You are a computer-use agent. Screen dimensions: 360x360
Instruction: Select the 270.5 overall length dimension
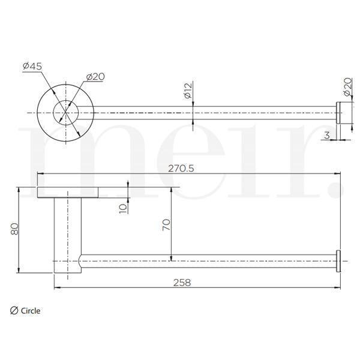(182, 169)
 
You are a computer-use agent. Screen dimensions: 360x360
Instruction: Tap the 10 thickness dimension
(123, 208)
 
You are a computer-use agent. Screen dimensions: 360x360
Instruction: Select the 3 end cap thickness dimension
(326, 136)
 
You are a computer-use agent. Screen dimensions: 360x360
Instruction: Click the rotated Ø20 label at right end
(346, 88)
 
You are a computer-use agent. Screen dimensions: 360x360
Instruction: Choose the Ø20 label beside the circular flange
(96, 77)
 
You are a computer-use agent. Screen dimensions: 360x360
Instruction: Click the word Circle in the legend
(31, 310)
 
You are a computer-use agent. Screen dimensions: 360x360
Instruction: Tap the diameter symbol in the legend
(14, 310)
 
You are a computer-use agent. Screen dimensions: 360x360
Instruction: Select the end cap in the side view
(338, 261)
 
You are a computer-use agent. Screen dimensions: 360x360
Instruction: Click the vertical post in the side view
(66, 234)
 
